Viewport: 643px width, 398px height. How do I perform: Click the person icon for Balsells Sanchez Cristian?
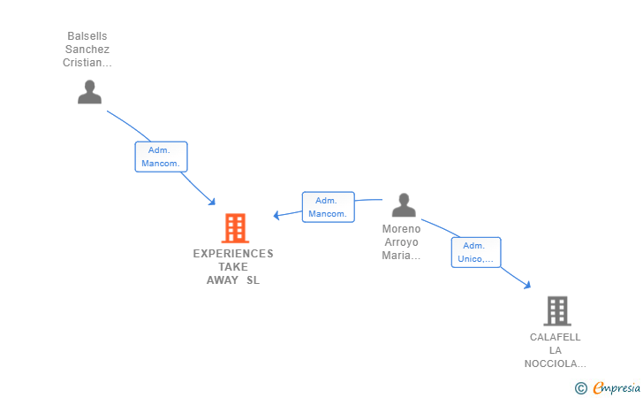click(x=89, y=92)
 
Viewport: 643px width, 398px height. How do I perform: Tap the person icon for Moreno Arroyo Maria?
click(x=404, y=204)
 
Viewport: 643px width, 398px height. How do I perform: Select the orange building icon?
click(x=235, y=228)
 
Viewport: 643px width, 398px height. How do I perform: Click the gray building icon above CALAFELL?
click(x=557, y=311)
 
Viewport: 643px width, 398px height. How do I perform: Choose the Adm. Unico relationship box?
click(x=476, y=252)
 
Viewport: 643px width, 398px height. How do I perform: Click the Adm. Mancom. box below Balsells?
click(x=161, y=157)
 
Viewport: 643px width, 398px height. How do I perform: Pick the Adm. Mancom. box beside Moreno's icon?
click(x=328, y=207)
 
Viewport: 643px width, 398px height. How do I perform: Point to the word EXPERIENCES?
click(x=233, y=254)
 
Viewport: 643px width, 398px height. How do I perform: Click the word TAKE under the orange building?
click(x=233, y=267)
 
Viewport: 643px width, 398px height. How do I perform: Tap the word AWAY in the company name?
click(x=223, y=280)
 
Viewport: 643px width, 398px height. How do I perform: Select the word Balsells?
click(x=87, y=36)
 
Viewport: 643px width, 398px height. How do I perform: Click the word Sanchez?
click(x=87, y=50)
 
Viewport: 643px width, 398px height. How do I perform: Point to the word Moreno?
click(x=402, y=229)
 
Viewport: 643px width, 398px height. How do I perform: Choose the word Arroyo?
click(x=402, y=242)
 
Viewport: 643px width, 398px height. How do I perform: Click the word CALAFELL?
click(x=556, y=337)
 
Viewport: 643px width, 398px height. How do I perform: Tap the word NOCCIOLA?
click(x=551, y=364)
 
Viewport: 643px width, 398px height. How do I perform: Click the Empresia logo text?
click(x=617, y=387)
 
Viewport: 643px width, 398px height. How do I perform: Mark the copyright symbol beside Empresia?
click(x=580, y=388)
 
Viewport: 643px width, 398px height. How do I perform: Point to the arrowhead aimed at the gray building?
click(x=527, y=285)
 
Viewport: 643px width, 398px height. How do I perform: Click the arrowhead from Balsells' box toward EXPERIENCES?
click(x=212, y=202)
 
